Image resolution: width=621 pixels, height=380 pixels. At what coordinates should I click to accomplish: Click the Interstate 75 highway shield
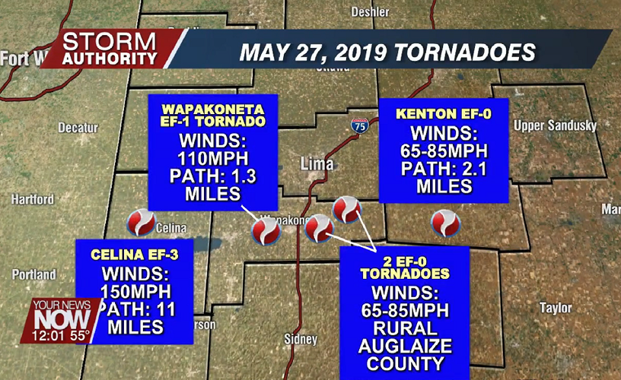tap(360, 126)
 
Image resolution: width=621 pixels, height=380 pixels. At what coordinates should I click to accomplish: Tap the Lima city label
tap(317, 163)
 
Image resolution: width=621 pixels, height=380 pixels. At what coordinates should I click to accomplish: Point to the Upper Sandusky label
tap(555, 125)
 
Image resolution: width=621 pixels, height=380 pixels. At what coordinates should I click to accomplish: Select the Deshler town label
tap(370, 12)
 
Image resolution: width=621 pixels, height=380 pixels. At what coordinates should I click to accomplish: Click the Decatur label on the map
tap(78, 127)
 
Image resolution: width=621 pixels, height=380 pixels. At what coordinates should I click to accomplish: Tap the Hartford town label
tap(33, 199)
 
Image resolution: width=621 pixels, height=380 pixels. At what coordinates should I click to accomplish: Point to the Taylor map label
tap(556, 308)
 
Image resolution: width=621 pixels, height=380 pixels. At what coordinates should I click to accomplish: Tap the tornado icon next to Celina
tap(141, 223)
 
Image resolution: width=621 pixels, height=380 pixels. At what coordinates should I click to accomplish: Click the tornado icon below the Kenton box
tap(445, 223)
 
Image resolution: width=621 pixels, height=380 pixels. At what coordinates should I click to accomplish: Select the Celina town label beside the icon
tap(171, 227)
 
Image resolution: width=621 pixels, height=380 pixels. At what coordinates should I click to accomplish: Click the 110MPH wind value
tap(212, 160)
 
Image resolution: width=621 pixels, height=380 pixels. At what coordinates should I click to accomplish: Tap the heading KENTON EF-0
tap(443, 114)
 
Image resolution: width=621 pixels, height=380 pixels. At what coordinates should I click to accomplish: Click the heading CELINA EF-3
tap(135, 254)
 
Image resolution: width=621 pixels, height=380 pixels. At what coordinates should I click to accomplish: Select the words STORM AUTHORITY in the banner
tap(110, 49)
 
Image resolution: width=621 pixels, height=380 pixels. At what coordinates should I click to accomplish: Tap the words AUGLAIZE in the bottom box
tap(405, 345)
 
